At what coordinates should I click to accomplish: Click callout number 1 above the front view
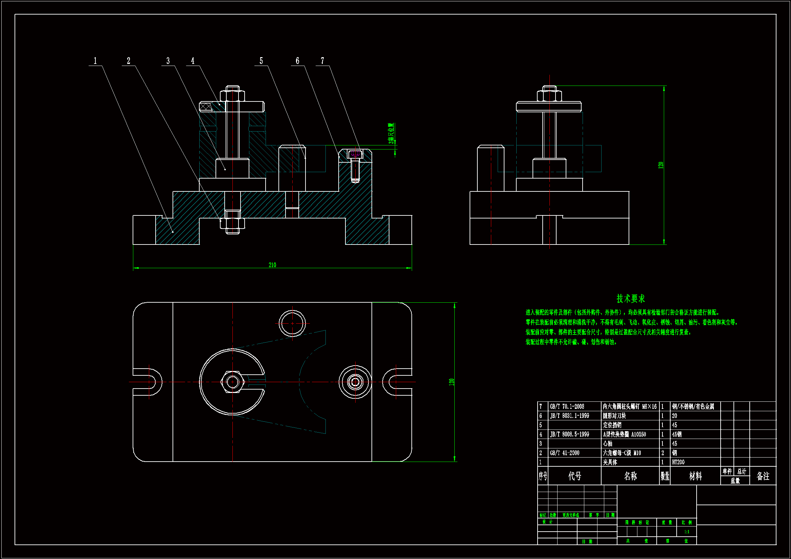coord(95,61)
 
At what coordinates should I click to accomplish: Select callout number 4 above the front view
coord(193,61)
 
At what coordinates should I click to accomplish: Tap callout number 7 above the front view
coord(322,61)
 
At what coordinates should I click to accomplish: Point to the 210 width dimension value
coord(272,265)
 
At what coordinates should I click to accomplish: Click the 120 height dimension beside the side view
coord(660,165)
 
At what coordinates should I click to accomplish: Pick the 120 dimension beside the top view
coord(451,382)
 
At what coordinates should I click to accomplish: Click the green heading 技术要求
coord(630,299)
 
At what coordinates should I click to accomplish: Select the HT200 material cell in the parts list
coord(678,462)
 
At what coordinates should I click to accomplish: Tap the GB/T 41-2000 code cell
coord(564,453)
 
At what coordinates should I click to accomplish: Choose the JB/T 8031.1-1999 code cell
coord(569,416)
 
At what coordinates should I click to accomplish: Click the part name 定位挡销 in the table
coord(612,425)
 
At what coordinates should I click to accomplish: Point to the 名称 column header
coord(630,476)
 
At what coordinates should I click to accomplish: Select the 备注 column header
coord(763,476)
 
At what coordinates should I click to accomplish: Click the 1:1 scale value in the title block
coord(686,532)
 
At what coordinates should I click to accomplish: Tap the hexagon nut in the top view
coord(232,381)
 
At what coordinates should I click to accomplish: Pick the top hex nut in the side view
coord(549,95)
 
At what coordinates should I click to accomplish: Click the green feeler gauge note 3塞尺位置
coord(391,133)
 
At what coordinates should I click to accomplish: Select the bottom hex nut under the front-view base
coord(232,223)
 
